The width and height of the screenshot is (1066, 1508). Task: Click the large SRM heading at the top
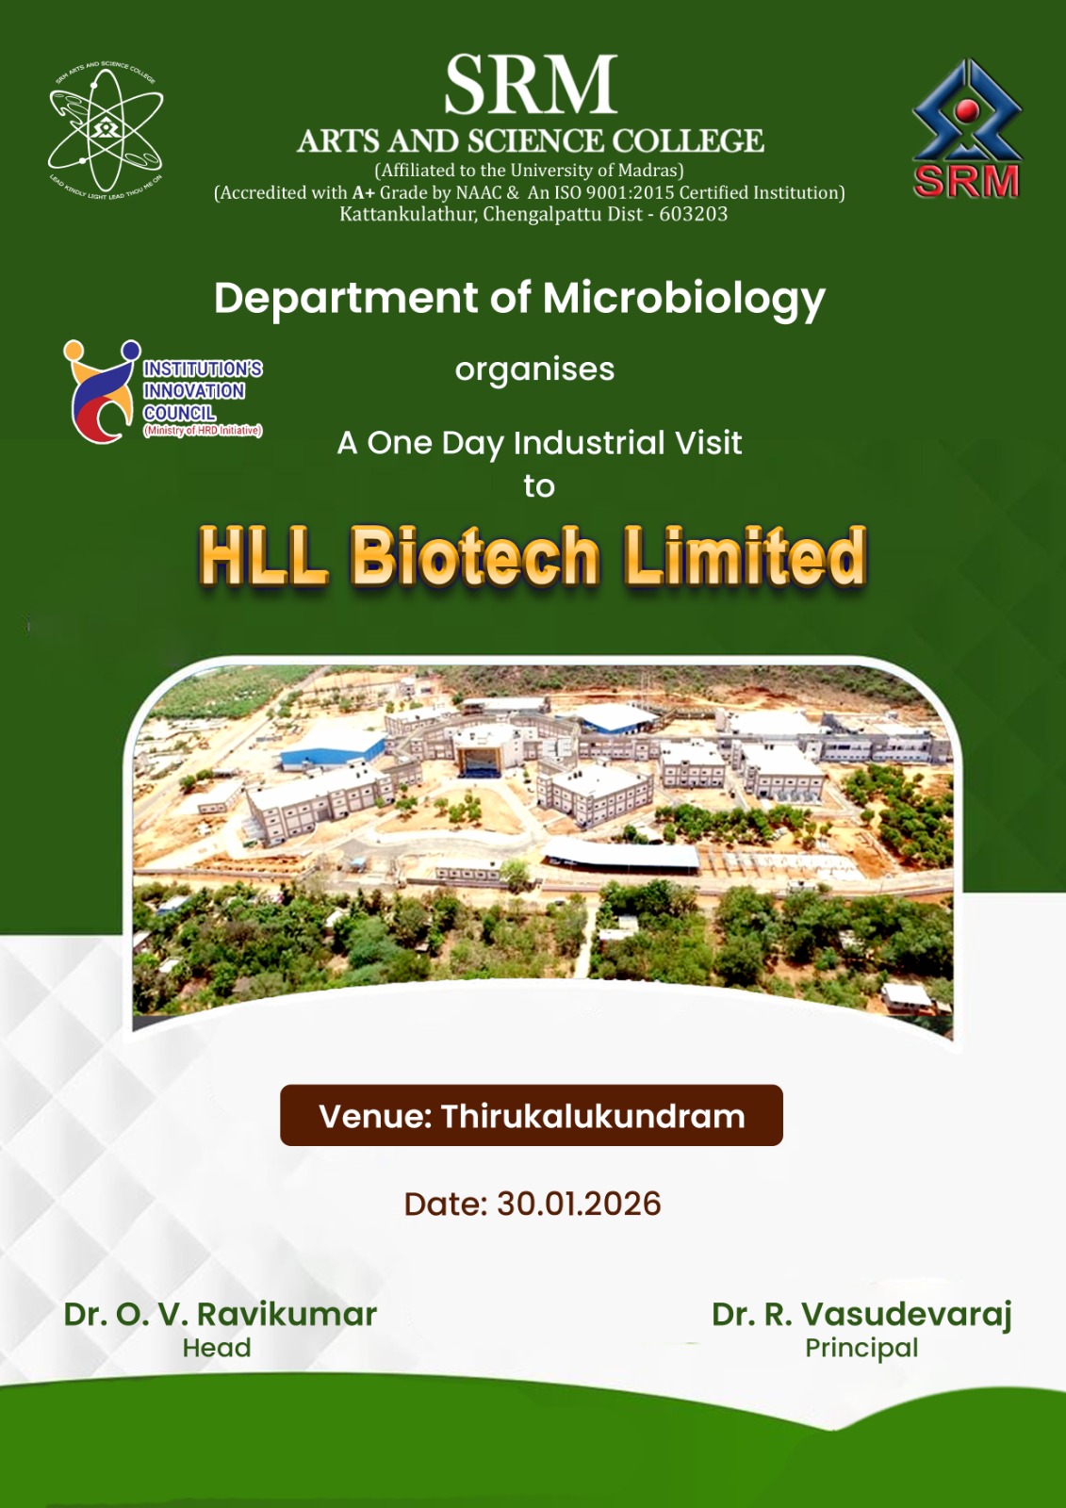[531, 86]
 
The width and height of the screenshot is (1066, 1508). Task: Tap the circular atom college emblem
[106, 130]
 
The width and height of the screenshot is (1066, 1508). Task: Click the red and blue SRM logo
[966, 128]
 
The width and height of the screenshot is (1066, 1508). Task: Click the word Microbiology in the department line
[683, 299]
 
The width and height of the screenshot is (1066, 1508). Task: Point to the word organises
[534, 369]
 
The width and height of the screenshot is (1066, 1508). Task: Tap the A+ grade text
[364, 192]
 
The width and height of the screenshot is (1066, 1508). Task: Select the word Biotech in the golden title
[474, 557]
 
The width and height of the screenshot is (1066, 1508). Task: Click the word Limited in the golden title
[744, 556]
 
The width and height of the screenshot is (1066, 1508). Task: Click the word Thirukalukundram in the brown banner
[593, 1116]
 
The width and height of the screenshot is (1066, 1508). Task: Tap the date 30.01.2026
[579, 1204]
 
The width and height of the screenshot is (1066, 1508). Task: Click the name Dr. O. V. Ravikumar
[221, 1314]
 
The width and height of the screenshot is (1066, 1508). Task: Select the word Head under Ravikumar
[217, 1348]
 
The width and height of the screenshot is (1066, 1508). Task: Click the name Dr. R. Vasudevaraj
[862, 1315]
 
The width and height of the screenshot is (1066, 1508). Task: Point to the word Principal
[862, 1349]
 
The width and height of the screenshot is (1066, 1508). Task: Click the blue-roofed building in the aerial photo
[332, 749]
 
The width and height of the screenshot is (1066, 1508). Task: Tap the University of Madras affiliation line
[530, 171]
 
